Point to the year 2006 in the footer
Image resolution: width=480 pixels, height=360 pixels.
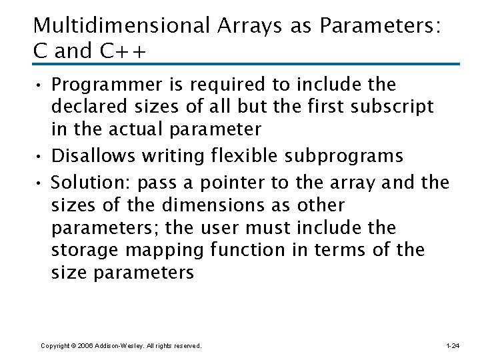coord(85,346)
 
